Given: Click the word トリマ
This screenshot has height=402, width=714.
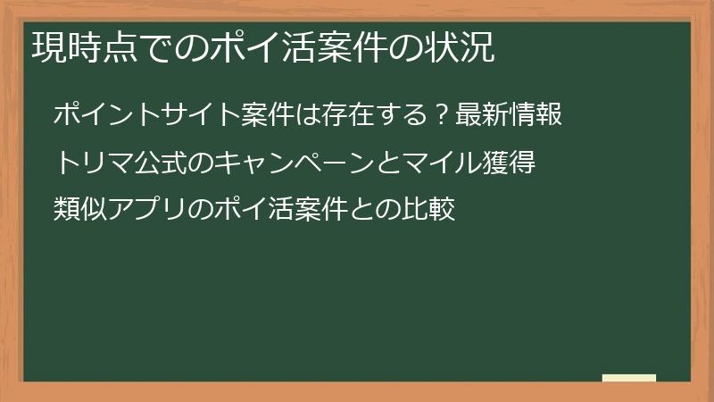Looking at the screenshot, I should coord(94,163).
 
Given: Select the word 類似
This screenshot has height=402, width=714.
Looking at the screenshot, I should coord(81,211).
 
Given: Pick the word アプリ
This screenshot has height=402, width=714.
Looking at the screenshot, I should coord(148,211).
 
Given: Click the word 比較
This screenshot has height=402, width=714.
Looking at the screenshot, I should coord(429,211).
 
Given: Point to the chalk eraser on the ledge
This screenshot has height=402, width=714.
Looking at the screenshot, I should coord(629,378).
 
